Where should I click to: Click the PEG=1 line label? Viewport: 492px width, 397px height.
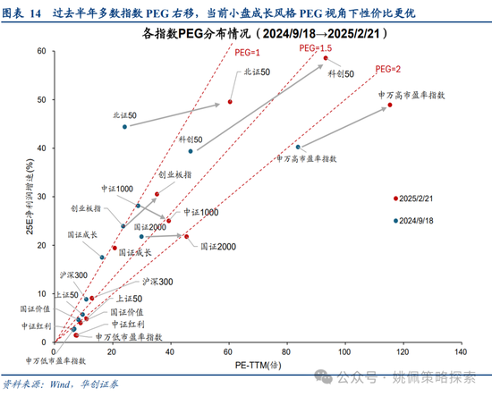coord(246,54)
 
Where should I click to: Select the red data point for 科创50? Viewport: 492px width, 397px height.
coord(326,58)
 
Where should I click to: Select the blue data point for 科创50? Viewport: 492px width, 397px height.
coord(190,151)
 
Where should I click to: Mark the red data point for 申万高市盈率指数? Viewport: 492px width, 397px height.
coord(390,106)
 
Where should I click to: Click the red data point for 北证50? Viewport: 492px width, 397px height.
coord(230,102)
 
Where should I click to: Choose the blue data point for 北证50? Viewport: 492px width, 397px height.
coord(125,127)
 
